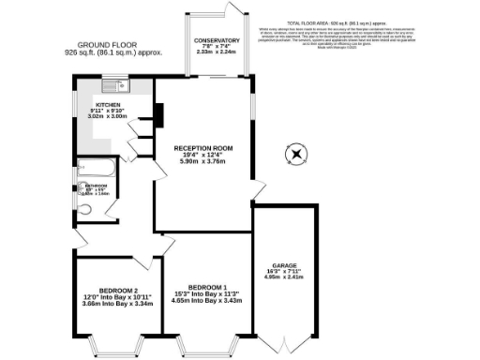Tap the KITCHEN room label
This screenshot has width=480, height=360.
(x=109, y=105)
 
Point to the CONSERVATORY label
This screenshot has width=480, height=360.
(x=217, y=41)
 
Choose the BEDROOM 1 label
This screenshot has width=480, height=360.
(x=207, y=286)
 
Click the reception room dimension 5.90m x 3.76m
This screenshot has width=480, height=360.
(x=203, y=162)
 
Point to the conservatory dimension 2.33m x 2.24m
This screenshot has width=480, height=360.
(x=217, y=53)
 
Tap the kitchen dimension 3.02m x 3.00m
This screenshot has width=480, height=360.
(x=109, y=117)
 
